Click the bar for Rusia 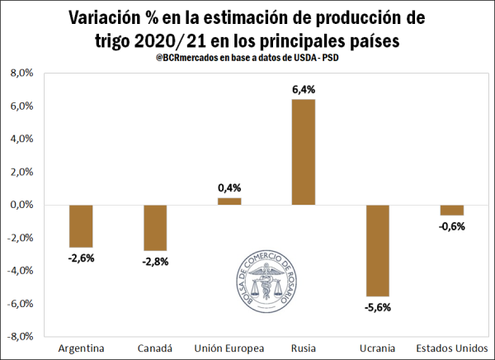pos(303,152)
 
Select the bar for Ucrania pos(377,250)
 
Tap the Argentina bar pos(81,225)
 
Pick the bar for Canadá pos(155,227)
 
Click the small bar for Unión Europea pos(229,201)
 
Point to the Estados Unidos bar pos(451,210)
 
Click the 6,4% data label pos(303,89)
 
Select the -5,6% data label pos(377,307)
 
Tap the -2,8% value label pos(155,262)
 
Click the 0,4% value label pos(229,188)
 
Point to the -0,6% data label pos(451,226)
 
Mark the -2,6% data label pos(81,258)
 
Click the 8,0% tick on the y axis pos(20,73)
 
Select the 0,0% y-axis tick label pos(20,205)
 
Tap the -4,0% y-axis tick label pos(19,271)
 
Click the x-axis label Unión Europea pos(229,348)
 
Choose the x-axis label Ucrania pos(377,348)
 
